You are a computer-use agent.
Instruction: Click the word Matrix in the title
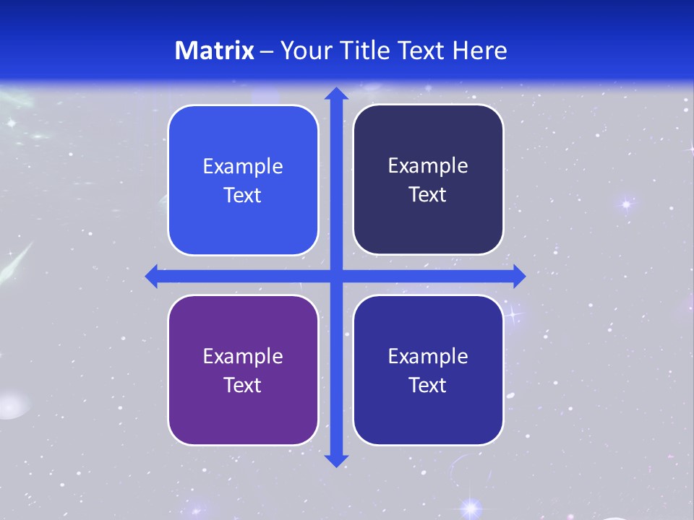click(215, 51)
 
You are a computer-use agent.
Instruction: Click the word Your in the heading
click(303, 51)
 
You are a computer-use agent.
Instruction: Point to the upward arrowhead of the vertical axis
click(336, 94)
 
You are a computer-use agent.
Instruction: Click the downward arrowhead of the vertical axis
click(336, 460)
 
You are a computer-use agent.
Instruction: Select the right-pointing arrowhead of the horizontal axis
click(518, 276)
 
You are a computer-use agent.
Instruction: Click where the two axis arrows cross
click(336, 276)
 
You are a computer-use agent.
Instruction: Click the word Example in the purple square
click(243, 356)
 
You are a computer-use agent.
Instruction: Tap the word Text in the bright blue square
click(243, 196)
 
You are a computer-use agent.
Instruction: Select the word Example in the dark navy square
click(428, 166)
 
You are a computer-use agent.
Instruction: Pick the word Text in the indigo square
click(428, 385)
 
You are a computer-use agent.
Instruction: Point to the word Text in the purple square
click(243, 385)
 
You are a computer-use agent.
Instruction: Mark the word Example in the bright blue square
click(243, 167)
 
